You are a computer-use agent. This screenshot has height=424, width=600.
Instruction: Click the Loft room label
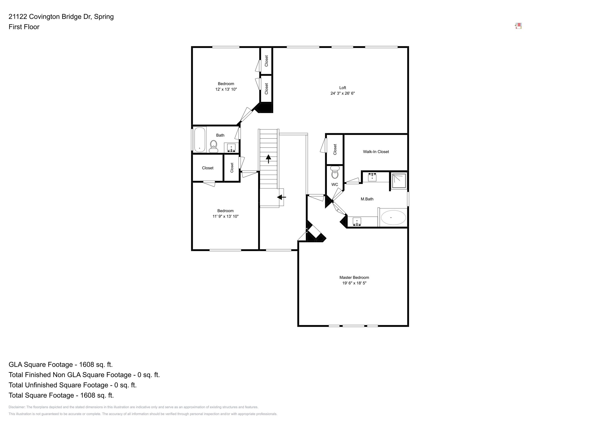[x=342, y=88]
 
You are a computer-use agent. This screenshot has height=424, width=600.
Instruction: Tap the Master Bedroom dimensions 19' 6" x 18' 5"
[x=354, y=283]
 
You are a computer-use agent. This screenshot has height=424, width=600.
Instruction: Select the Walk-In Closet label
[x=376, y=152]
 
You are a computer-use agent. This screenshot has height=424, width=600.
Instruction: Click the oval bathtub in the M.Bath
[x=393, y=218]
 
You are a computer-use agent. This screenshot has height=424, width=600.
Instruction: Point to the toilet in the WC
[x=335, y=173]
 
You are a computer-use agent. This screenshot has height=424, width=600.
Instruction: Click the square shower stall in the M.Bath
[x=399, y=181]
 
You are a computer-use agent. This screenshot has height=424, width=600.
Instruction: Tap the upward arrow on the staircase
[x=268, y=158]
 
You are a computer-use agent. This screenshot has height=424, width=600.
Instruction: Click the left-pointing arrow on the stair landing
[x=281, y=197]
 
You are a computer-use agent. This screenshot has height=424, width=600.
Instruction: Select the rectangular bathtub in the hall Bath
[x=199, y=140]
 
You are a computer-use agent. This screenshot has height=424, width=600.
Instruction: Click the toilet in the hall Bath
[x=213, y=146]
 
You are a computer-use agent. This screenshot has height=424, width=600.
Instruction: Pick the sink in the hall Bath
[x=231, y=148]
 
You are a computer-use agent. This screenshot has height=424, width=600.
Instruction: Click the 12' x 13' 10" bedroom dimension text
[x=226, y=89]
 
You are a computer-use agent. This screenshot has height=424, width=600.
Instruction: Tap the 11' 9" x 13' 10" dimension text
[x=225, y=216]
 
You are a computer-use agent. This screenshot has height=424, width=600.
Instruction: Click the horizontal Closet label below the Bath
[x=207, y=168]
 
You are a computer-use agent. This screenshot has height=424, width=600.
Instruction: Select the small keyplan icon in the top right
[x=518, y=26]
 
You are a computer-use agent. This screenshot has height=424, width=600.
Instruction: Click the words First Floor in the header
[x=24, y=27]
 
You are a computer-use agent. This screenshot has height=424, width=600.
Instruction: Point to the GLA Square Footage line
[x=61, y=365]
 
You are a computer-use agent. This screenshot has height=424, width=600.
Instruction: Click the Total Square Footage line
[x=61, y=395]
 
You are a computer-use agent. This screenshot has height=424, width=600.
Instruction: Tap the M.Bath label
[x=367, y=199]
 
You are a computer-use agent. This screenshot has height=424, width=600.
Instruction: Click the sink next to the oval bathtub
[x=357, y=221]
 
